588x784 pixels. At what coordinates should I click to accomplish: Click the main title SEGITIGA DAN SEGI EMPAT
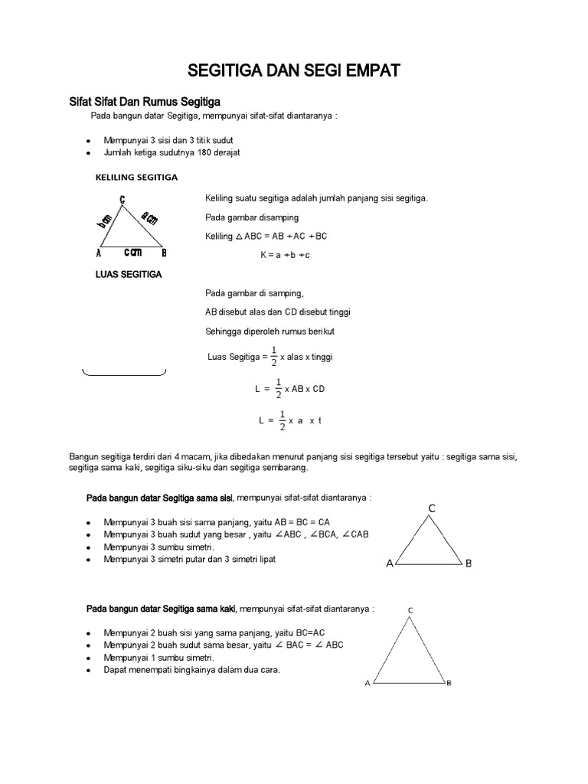tap(294, 72)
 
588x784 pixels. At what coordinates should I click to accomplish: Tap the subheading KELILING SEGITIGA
tap(136, 177)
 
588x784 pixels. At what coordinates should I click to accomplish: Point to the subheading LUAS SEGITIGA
tap(128, 274)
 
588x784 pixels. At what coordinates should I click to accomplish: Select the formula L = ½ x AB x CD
tap(290, 389)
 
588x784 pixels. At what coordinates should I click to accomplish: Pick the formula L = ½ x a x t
tap(290, 420)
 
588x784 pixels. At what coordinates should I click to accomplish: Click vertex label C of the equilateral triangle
tap(432, 508)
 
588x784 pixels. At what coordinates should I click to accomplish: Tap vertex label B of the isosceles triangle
tap(449, 683)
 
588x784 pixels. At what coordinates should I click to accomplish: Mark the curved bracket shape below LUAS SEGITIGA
tap(124, 374)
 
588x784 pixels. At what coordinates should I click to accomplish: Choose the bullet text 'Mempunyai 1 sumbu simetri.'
tap(159, 658)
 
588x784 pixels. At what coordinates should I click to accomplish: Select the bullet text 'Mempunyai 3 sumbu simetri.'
tap(159, 547)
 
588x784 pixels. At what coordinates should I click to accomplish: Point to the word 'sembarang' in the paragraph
tap(283, 467)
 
